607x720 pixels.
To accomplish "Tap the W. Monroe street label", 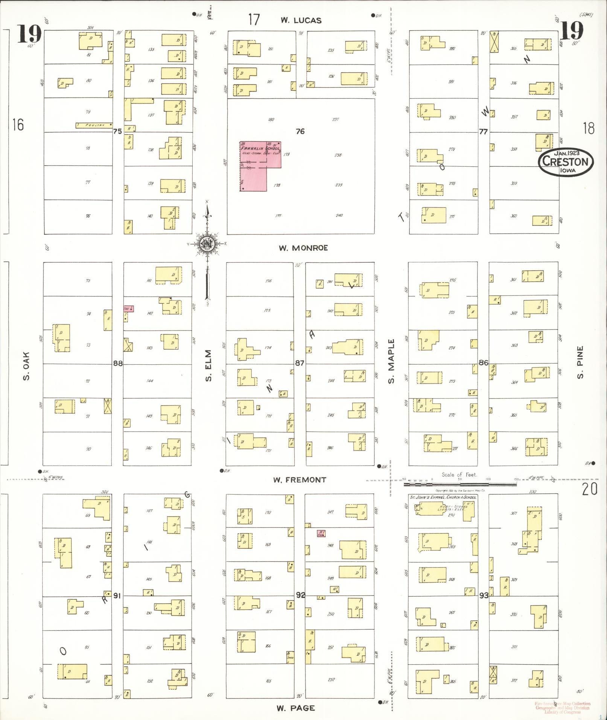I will click(303, 248).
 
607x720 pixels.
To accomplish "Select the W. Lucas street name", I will click(301, 21).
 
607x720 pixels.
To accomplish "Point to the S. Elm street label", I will click(209, 365).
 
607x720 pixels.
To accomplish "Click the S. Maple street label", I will click(392, 361).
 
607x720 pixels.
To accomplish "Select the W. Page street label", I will click(296, 708).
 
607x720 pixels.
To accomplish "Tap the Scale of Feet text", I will click(459, 475).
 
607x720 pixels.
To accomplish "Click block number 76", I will click(300, 131).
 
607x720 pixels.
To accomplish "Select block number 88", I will click(118, 363).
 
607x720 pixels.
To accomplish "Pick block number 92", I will click(301, 595).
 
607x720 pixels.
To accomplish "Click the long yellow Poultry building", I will click(94, 125).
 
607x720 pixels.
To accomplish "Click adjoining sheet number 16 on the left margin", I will click(18, 124).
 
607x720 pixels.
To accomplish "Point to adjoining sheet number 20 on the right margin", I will click(590, 490).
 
